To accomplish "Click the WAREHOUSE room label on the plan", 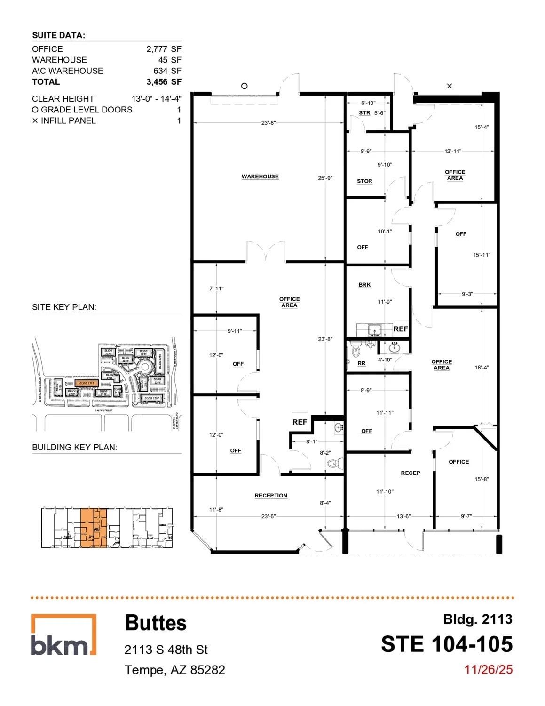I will pos(260,176).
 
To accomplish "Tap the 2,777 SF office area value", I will pos(164,49).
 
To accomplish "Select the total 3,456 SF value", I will pos(164,82).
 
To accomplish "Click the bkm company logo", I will pos(63,634).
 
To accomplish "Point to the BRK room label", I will pos(364,285).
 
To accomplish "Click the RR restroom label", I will pos(361,363).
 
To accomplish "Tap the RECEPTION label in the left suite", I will pos(271,496).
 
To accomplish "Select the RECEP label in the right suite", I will pos(411,473).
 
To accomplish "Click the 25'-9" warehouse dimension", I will pos(325,178).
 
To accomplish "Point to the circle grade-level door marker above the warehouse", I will pos(244,86).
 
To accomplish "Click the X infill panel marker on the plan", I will pos(449,86).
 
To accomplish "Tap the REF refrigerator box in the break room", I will pos(401,329).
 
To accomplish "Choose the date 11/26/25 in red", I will pos(488,670).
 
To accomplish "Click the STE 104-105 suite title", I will pos(447,644).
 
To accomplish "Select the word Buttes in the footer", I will pos(156,623).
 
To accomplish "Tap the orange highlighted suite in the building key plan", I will pos(94,528).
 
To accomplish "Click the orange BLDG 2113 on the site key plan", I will pos(87,383).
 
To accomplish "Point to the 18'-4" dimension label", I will pos(482,368).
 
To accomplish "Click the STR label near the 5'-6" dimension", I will pos(364,113).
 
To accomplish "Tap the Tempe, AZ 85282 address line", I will pos(174,670).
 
